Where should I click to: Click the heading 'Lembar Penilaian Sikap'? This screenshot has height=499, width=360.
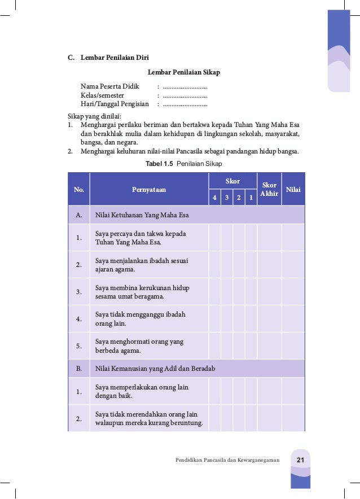[x=183, y=73]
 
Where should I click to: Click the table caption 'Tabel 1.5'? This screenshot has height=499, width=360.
[x=160, y=164]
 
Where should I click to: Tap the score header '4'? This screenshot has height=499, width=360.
[x=214, y=198]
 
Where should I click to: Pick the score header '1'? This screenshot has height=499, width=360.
[x=251, y=198]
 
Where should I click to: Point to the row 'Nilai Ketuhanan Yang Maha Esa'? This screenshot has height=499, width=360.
[x=142, y=215]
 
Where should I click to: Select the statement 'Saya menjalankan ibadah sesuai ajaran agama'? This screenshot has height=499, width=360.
[x=142, y=265]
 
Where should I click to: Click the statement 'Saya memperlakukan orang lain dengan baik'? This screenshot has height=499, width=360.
[x=142, y=392]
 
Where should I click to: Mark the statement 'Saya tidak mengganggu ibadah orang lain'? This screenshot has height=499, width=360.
[x=140, y=319]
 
